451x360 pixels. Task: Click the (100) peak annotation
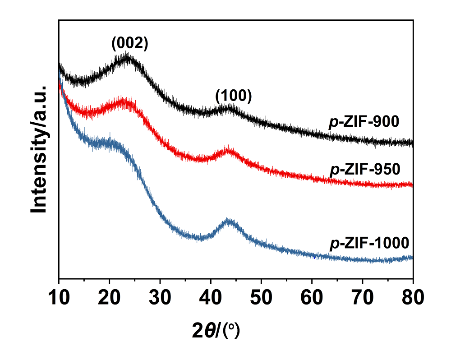233,96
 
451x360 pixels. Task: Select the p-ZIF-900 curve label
364,122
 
